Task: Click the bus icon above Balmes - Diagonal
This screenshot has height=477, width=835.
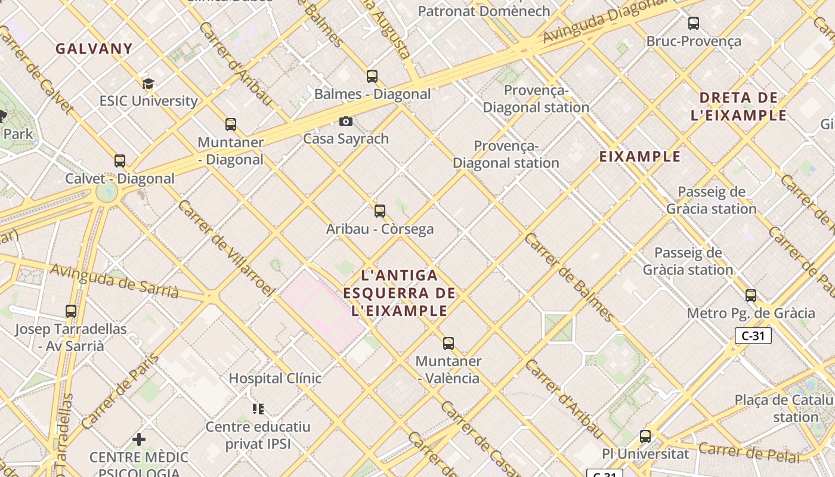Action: pos(372,76)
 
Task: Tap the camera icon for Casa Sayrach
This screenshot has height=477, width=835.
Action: pos(346,122)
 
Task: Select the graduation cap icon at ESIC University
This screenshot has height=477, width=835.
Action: pos(148,84)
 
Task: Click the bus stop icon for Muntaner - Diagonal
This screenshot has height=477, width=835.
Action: pos(231,125)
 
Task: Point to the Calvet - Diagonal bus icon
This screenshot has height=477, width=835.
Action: pos(120,161)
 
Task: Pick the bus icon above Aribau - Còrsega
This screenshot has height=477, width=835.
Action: pos(380,211)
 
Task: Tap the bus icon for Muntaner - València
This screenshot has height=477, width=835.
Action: pos(449,343)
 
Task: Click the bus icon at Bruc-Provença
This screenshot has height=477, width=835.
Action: pos(694,24)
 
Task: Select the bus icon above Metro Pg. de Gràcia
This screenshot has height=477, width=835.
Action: pos(751,296)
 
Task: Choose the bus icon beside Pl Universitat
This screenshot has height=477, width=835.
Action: pos(645,436)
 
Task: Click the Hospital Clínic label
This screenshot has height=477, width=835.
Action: pos(275,379)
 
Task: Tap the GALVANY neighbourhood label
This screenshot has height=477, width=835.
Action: pos(94,49)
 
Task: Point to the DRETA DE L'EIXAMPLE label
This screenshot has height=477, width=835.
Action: pos(738,106)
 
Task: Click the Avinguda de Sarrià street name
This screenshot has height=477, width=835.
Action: pos(114,280)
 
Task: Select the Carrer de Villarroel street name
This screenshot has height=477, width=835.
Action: pos(226,248)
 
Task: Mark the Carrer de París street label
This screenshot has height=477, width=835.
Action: pos(120,391)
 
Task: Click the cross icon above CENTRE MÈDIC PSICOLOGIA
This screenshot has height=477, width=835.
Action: pos(139,440)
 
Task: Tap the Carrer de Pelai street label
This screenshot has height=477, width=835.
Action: pos(749,453)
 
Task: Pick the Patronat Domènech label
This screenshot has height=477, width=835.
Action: pos(484,11)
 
